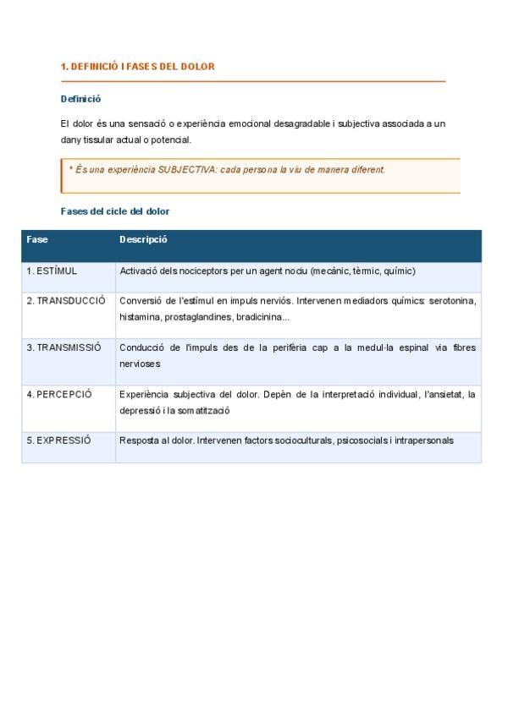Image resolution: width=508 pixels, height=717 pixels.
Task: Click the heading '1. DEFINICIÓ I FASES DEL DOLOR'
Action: [138, 66]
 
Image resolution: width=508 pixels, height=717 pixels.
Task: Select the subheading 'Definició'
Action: [80, 99]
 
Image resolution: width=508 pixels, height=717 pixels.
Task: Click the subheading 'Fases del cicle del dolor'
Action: [115, 211]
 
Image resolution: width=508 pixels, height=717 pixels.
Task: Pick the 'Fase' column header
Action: [37, 239]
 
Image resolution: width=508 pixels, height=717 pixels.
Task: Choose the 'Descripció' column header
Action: [143, 239]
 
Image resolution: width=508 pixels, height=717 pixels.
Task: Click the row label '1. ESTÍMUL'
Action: [52, 271]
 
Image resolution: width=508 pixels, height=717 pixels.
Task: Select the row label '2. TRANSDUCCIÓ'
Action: [66, 300]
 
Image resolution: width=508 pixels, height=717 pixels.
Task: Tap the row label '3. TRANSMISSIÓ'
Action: [63, 347]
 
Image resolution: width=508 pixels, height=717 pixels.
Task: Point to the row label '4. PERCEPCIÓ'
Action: [59, 394]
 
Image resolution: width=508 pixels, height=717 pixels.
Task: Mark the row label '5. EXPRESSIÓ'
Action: [58, 441]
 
